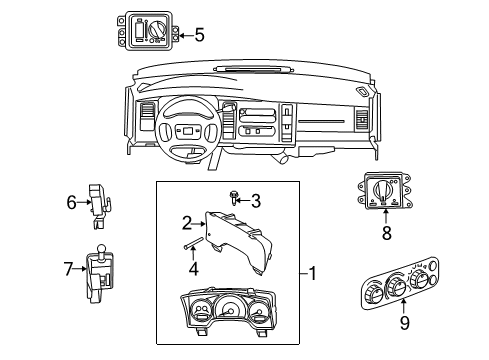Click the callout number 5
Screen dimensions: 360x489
click(x=199, y=36)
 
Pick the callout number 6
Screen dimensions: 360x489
click(x=72, y=203)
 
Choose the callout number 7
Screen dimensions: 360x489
click(x=69, y=269)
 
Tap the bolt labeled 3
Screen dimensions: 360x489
click(x=233, y=200)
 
